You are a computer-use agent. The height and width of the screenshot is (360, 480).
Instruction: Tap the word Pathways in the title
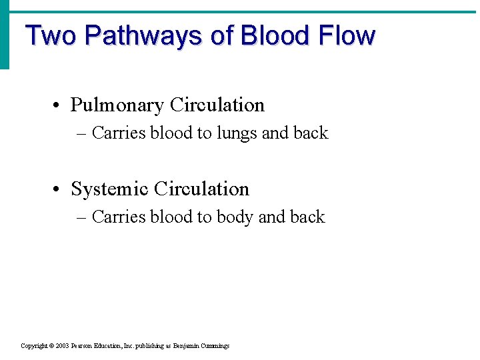click(143, 35)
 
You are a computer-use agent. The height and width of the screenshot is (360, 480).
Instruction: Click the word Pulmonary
click(117, 105)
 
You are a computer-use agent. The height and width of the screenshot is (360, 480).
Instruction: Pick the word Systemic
click(110, 189)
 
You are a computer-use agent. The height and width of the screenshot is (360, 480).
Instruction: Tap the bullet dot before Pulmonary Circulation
click(59, 106)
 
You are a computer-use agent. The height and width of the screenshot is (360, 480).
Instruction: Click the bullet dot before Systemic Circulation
click(59, 190)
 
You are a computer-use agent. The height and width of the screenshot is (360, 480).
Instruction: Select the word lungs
click(236, 134)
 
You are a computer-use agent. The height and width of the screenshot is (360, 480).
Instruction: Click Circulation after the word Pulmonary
click(217, 105)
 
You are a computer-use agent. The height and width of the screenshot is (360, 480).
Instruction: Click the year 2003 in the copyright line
click(63, 346)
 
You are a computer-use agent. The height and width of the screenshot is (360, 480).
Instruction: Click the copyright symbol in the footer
click(51, 346)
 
